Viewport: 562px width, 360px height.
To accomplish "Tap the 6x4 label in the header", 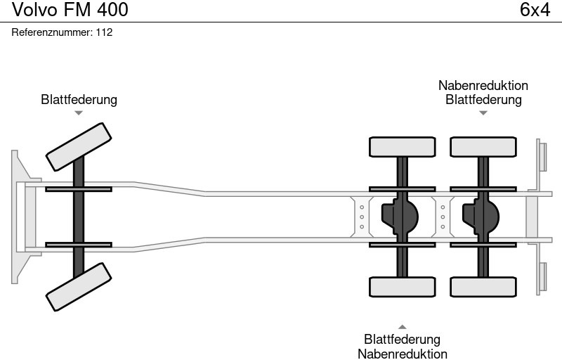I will [535, 10].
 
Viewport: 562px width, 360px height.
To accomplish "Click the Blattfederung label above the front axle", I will [79, 100].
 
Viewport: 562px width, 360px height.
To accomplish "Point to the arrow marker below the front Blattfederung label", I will [79, 112].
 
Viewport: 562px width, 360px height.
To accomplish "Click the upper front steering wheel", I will [79, 147].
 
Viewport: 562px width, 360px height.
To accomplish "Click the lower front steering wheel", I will [79, 287].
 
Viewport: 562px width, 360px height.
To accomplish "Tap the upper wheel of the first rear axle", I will [402, 147].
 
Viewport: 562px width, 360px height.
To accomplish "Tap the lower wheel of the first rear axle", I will [402, 287].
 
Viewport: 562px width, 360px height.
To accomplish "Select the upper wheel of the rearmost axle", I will [483, 147].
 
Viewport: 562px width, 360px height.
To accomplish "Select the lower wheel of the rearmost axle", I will [483, 287].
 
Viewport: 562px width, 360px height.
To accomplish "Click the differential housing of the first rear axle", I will [400, 216].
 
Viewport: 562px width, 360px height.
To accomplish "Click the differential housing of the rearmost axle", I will [481, 216].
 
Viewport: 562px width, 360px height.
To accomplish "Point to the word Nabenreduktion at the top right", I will [483, 86].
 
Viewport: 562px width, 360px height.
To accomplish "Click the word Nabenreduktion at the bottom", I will [403, 354].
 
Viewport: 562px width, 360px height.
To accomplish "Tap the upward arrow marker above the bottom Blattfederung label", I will [403, 326].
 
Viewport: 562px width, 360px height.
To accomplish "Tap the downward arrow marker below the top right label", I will [483, 112].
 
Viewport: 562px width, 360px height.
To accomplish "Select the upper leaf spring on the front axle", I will [79, 188].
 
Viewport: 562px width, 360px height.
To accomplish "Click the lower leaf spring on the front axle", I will [79, 245].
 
